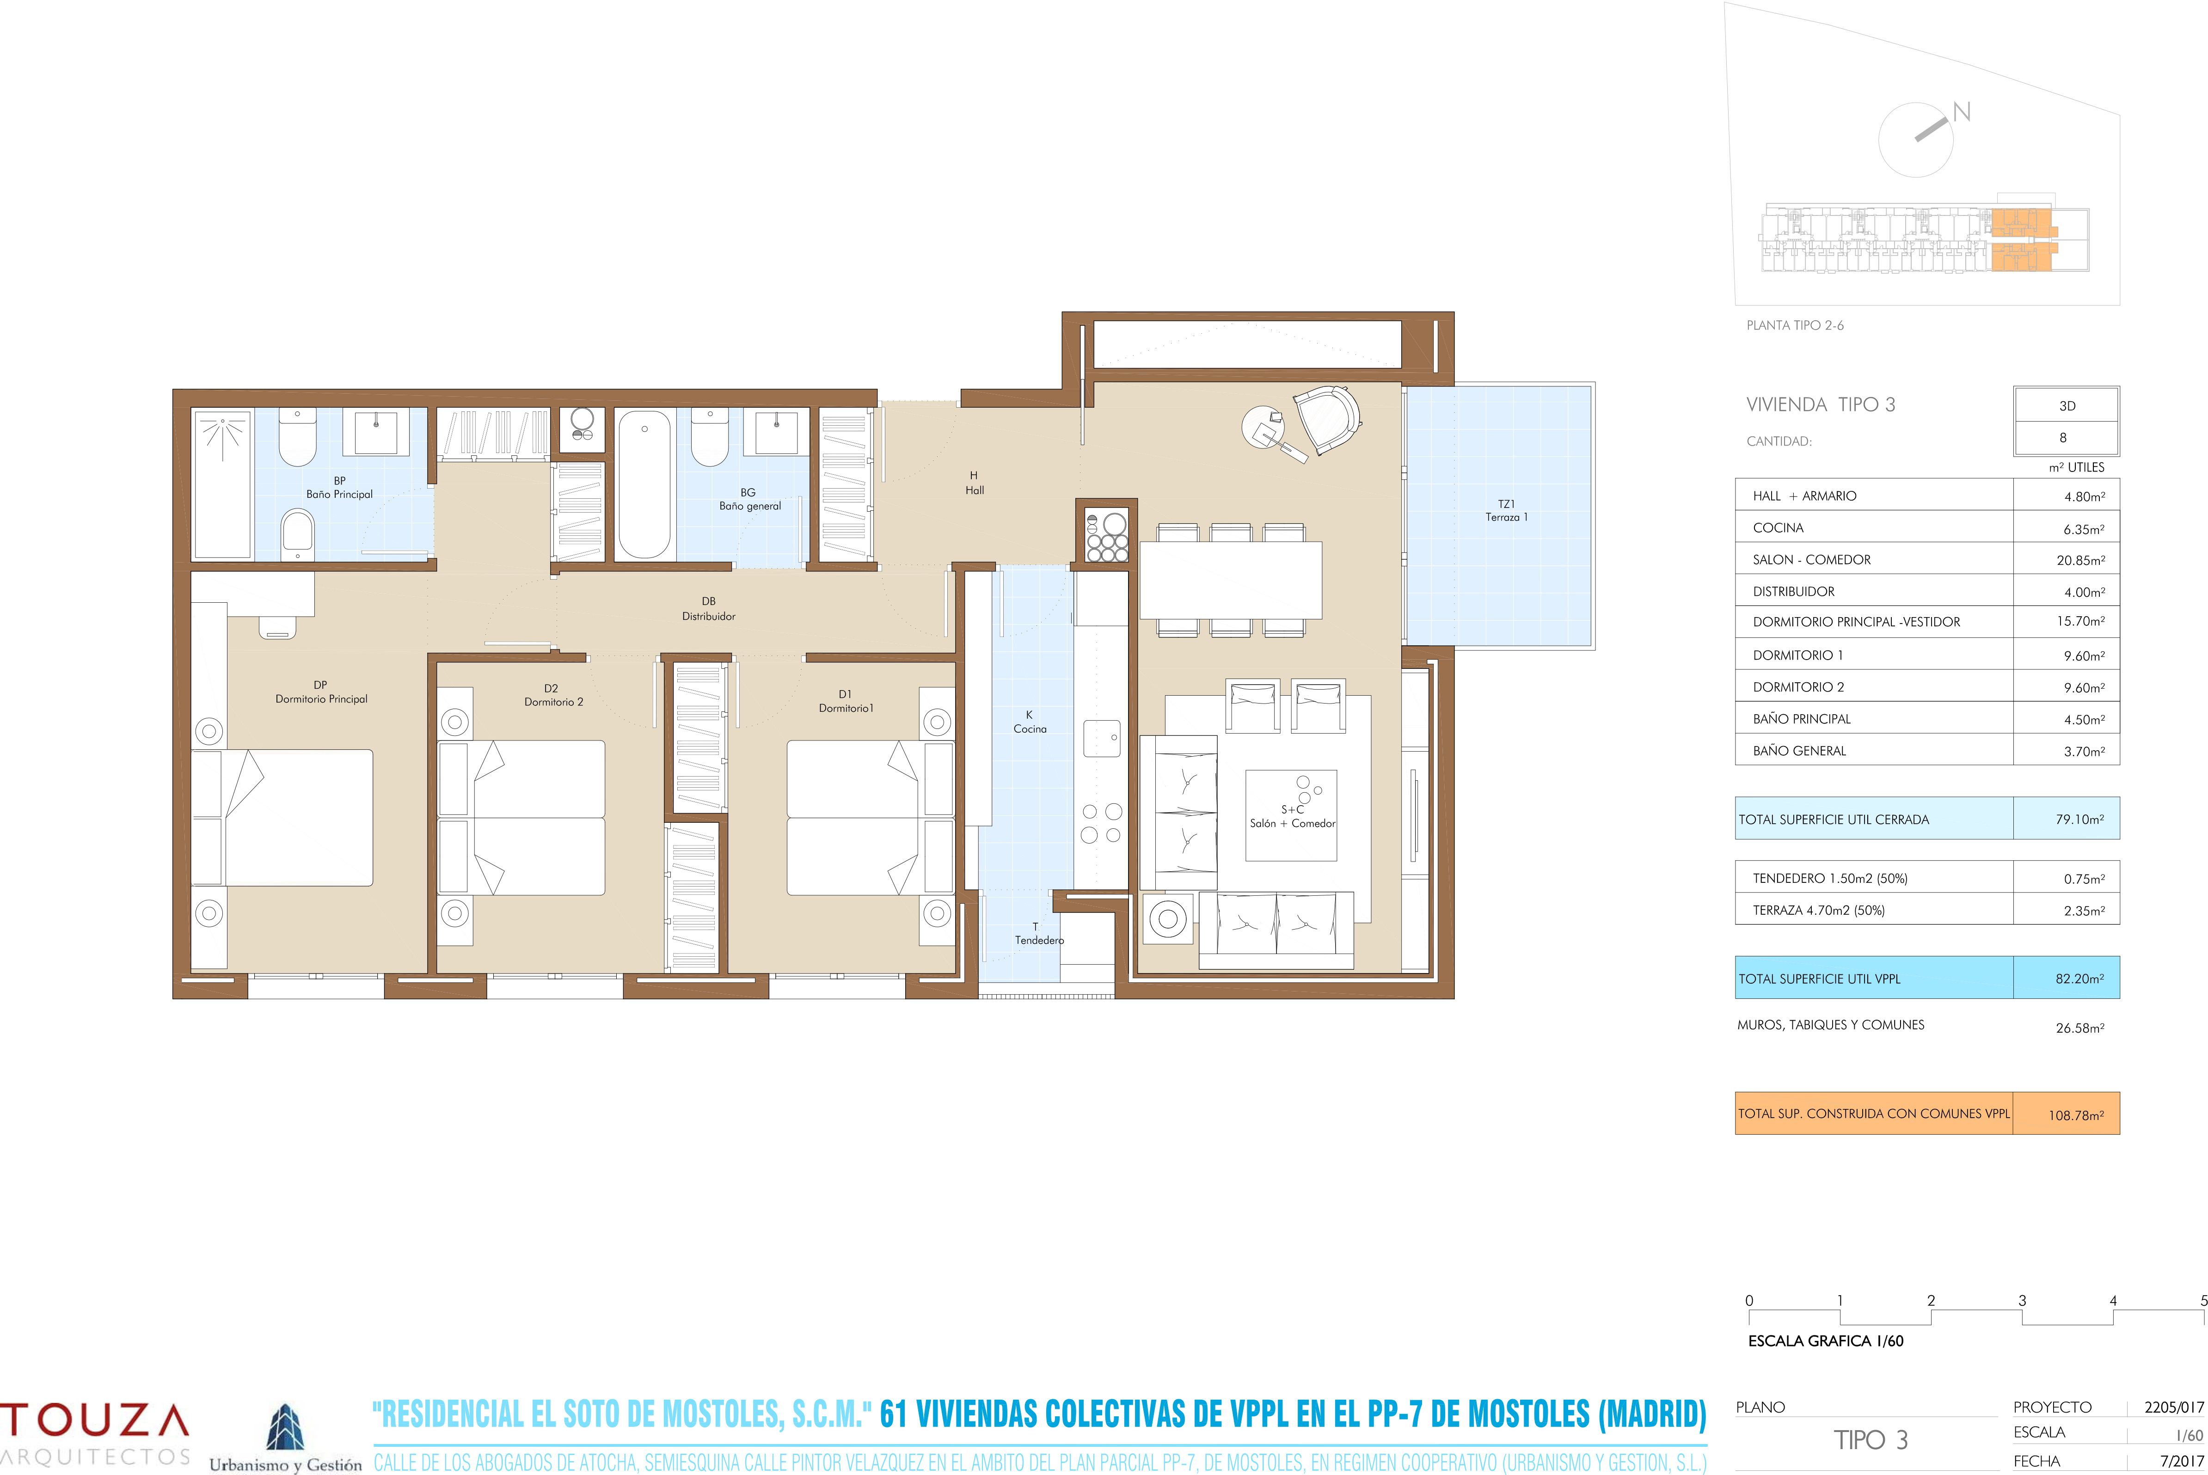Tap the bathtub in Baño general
coord(644,484)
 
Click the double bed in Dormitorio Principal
coord(282,817)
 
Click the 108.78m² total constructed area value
coord(2075,1115)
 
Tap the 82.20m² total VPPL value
coord(2079,978)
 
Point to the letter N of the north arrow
coord(1962,112)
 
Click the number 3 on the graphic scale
coord(2022,1300)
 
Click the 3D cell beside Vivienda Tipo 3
coord(2067,405)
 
